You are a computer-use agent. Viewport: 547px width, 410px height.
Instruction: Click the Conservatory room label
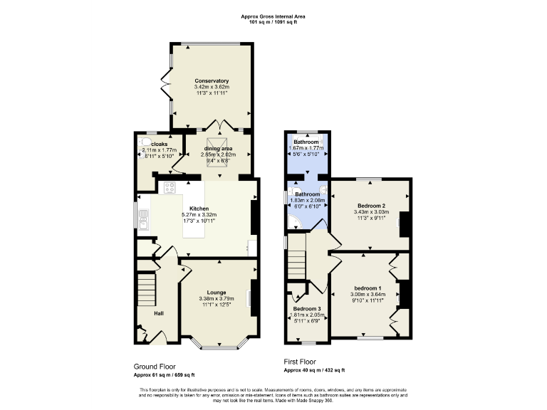(x=212, y=81)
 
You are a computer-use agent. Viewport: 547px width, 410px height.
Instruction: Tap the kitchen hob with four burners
(x=171, y=188)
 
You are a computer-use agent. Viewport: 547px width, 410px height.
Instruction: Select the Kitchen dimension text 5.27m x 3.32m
(x=199, y=215)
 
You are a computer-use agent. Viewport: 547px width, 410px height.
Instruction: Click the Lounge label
(x=217, y=292)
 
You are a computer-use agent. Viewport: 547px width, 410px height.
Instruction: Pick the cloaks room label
(x=159, y=144)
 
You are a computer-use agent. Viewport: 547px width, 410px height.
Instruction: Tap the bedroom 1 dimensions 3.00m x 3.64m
(x=369, y=295)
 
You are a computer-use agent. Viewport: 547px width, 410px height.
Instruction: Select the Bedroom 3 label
(x=307, y=309)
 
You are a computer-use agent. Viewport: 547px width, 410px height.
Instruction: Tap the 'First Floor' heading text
(x=300, y=362)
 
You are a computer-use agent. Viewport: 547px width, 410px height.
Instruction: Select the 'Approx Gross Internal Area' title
(x=273, y=16)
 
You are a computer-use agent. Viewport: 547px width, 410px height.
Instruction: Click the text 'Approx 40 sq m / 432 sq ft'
(x=314, y=370)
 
